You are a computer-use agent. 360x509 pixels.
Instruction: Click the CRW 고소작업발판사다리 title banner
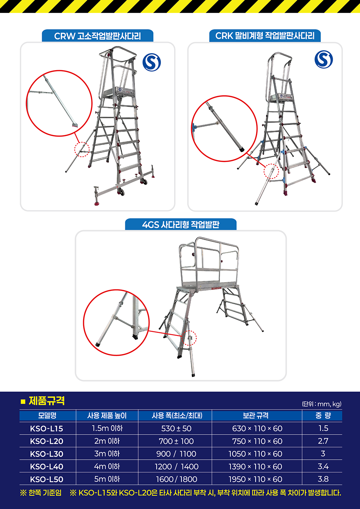click(x=98, y=36)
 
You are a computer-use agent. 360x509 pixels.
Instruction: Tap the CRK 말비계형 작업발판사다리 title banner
click(x=265, y=36)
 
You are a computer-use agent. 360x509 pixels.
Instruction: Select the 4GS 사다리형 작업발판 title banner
click(x=181, y=225)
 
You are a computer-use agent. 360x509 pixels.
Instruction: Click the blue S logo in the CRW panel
click(x=152, y=62)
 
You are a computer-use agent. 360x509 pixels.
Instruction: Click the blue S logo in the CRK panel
click(x=324, y=59)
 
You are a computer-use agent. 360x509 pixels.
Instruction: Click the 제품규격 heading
click(x=46, y=401)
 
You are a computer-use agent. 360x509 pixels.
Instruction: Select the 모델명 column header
click(x=48, y=415)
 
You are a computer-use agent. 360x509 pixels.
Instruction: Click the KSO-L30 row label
click(x=46, y=454)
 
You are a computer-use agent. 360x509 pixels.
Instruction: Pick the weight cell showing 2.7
click(x=323, y=441)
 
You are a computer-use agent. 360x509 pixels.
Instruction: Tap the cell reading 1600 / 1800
click(x=176, y=479)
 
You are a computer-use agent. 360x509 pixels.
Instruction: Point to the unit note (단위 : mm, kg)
click(x=321, y=404)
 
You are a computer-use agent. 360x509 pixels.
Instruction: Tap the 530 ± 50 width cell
click(x=176, y=428)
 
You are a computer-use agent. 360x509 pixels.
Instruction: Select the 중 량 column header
click(x=323, y=415)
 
